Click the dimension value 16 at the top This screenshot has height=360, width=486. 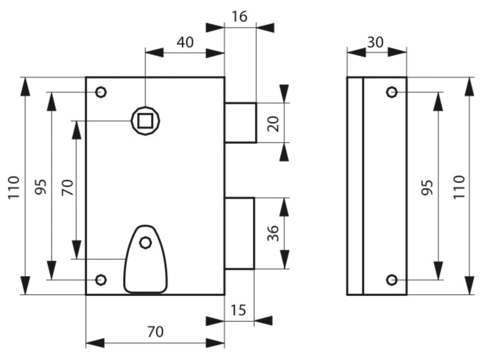(x=240, y=17)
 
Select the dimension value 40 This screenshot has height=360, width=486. (x=185, y=42)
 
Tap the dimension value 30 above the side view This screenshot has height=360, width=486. (x=375, y=42)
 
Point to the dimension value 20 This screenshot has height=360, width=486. (x=273, y=124)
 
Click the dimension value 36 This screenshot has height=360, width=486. (x=273, y=233)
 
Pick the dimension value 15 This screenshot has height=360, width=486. (x=238, y=310)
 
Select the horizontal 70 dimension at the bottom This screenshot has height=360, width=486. (x=155, y=332)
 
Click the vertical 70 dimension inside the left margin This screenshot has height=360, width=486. (x=67, y=187)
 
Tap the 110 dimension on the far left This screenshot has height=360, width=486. (x=14, y=188)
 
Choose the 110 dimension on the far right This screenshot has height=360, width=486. (x=459, y=187)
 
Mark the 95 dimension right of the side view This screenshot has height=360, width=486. (x=427, y=187)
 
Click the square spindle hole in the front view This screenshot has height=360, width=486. (x=145, y=121)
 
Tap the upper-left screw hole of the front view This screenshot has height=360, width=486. (x=101, y=92)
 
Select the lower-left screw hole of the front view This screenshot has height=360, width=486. (x=101, y=280)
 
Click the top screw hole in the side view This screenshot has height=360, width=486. (x=392, y=92)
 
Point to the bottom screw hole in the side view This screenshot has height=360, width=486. (x=392, y=280)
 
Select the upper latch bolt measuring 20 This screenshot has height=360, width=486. (x=240, y=122)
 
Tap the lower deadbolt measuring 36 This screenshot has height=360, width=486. (x=239, y=233)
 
